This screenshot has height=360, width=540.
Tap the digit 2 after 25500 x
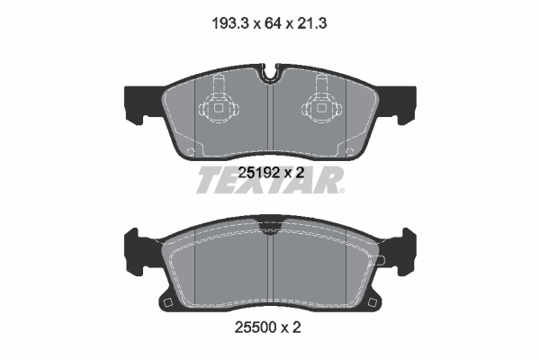point(295,328)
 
